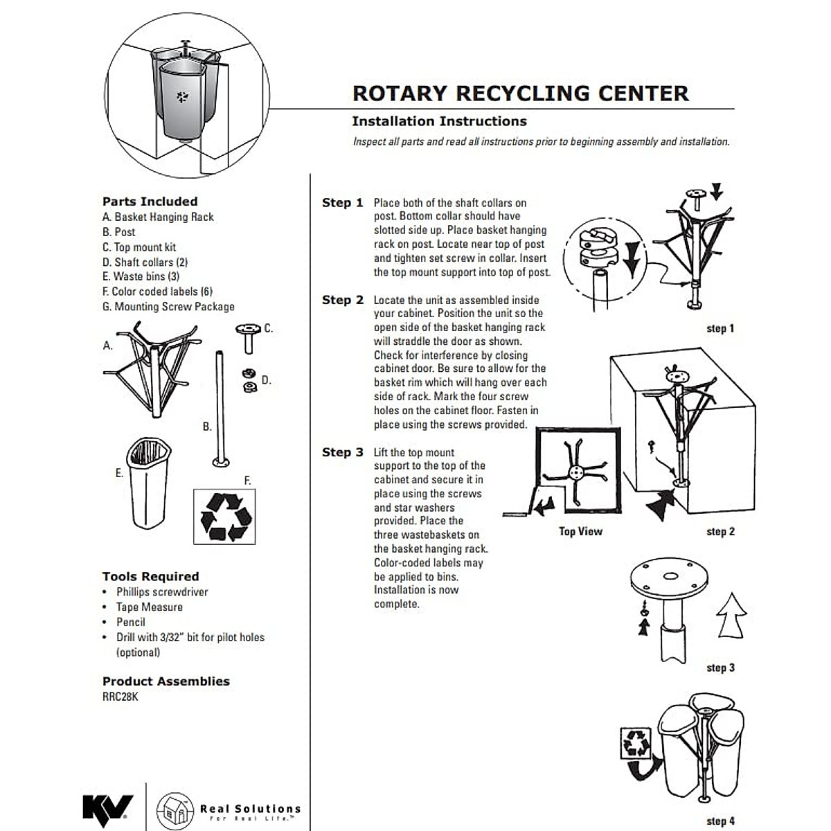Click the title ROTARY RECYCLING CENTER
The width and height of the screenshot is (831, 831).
(520, 93)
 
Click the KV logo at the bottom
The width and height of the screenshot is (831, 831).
(108, 807)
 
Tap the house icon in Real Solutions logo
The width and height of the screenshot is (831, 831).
(175, 809)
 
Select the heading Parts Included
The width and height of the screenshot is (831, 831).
(150, 202)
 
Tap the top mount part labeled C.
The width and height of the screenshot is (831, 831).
(247, 336)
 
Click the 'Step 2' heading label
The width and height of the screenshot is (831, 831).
(342, 300)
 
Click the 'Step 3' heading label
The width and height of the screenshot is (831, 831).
(342, 452)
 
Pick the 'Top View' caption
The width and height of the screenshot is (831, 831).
(580, 531)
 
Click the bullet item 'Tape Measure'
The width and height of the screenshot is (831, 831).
(149, 607)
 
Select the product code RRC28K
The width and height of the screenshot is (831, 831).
(120, 697)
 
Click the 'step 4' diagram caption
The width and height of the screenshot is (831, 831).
(720, 821)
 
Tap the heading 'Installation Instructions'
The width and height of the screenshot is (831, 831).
(439, 121)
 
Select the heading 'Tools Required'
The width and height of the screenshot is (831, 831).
(150, 576)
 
